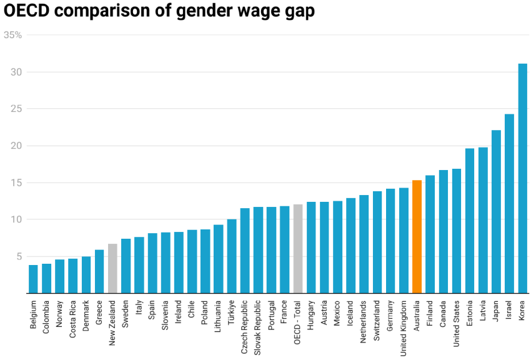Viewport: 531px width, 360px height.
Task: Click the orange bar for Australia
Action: (x=417, y=237)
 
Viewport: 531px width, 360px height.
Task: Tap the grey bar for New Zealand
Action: (x=112, y=268)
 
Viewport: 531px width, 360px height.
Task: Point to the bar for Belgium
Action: (x=33, y=279)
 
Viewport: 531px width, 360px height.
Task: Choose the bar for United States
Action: (x=457, y=231)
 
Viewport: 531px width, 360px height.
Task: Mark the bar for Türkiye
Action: (x=232, y=256)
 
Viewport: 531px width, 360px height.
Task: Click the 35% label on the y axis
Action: (x=13, y=35)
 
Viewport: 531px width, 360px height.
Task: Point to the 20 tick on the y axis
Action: (x=16, y=146)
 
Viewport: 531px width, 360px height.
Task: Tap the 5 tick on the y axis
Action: (x=19, y=256)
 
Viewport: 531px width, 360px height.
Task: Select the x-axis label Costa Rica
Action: (x=73, y=320)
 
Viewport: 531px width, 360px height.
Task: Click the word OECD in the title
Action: (x=28, y=11)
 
